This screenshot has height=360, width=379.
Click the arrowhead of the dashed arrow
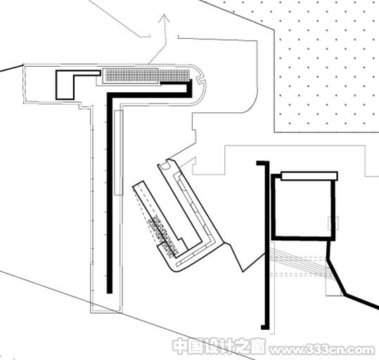(x=164, y=18)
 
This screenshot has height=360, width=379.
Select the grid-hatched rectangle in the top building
(x=147, y=75)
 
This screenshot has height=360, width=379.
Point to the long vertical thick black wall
(x=110, y=193)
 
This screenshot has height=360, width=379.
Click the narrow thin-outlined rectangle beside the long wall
(x=119, y=153)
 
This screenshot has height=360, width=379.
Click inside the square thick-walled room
(x=302, y=208)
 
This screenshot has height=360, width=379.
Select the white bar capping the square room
(x=309, y=176)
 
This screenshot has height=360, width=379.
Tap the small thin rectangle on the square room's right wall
(x=333, y=223)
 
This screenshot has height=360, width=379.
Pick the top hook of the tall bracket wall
(x=262, y=163)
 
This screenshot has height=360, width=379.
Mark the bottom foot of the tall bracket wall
(x=265, y=327)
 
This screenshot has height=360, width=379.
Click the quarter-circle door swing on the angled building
(x=166, y=166)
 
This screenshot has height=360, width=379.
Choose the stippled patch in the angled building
(x=161, y=236)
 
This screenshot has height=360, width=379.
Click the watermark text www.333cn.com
(x=322, y=350)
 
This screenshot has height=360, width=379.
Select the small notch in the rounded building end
(x=200, y=79)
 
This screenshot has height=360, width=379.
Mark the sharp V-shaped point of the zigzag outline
(x=243, y=271)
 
